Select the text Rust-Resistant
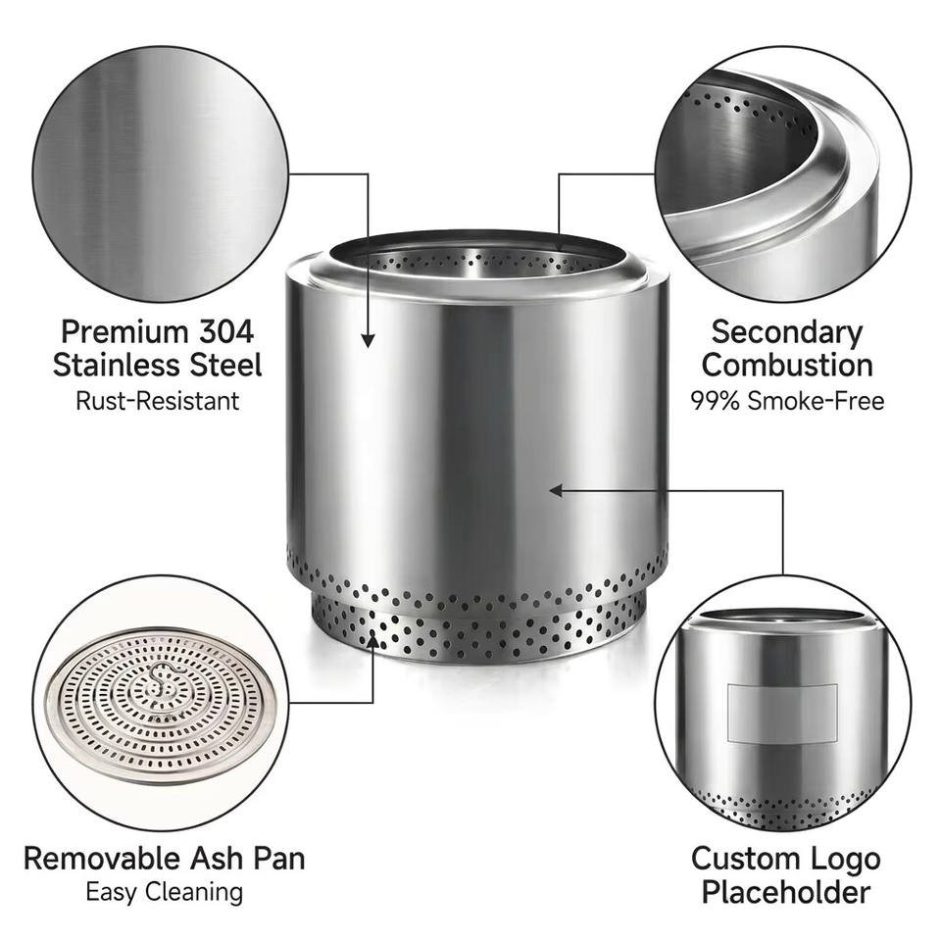pos(157,401)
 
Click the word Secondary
pos(787,333)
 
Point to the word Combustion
pos(787,365)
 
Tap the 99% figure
pos(715,401)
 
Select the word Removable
pos(102,859)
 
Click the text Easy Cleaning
pos(164,892)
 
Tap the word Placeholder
pos(786,892)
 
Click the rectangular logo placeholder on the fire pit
pos(782,713)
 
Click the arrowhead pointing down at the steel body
pos(368,340)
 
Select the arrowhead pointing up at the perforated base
pos(372,642)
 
